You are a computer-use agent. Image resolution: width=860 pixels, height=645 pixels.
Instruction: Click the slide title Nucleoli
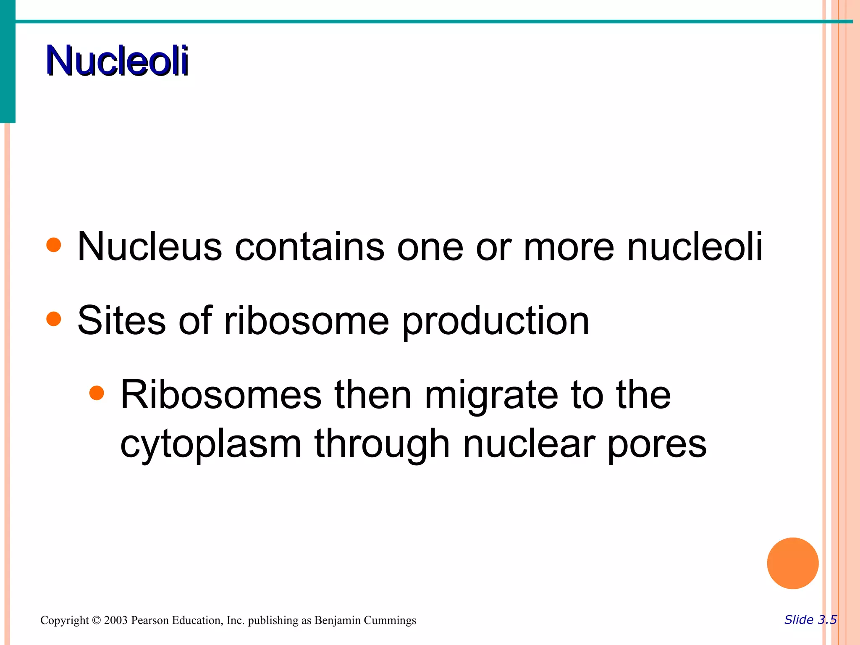[118, 61]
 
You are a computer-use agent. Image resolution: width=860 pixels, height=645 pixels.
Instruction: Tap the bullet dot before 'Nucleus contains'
[54, 245]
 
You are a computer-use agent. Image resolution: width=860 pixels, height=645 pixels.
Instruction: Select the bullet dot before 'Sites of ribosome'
[54, 319]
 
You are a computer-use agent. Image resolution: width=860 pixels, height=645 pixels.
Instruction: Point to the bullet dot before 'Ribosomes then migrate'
[97, 393]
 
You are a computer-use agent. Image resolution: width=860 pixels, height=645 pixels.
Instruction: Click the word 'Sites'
[122, 321]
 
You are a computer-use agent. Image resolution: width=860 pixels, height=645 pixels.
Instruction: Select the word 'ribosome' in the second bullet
[307, 321]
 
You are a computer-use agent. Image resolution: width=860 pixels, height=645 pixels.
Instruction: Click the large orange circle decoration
[792, 564]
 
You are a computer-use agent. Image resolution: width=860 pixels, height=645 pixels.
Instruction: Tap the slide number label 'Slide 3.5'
[810, 620]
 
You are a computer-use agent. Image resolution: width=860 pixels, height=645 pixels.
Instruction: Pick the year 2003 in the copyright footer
[115, 620]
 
